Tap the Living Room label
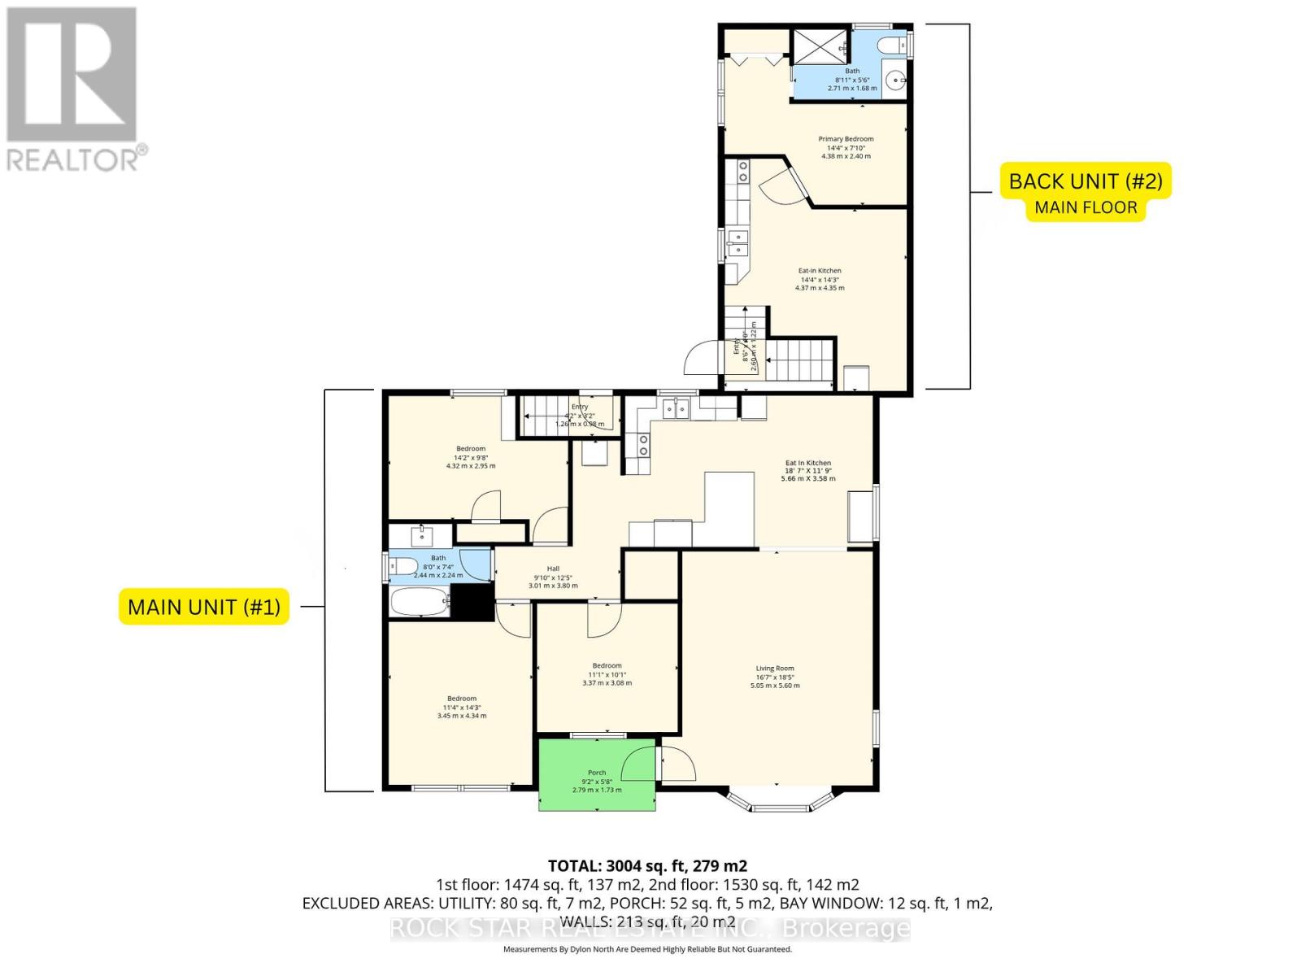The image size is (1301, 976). [774, 669]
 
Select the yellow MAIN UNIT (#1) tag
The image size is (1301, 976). [204, 607]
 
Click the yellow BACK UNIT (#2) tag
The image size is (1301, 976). [1086, 181]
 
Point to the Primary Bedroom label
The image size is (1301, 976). [846, 139]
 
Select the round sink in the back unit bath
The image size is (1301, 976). [895, 80]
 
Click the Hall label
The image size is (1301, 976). [553, 569]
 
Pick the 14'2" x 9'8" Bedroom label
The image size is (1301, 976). [471, 449]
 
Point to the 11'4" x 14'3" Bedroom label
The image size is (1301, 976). [462, 699]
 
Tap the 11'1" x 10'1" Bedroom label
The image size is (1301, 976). [607, 666]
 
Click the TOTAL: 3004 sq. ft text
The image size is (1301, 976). [647, 865]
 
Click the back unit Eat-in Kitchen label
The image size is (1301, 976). [819, 271]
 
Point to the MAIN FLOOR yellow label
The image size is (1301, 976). [1086, 208]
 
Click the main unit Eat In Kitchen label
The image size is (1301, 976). [807, 463]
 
